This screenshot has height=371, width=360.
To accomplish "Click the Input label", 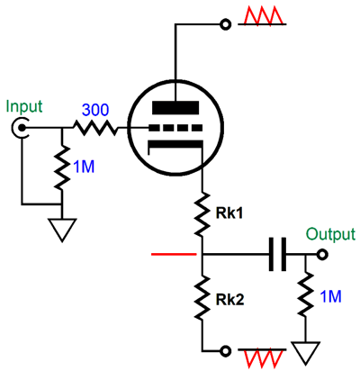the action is [24, 107].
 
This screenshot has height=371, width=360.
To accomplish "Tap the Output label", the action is [330, 234].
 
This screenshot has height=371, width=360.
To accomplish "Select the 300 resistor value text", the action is [95, 110].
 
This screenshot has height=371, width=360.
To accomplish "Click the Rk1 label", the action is [229, 213].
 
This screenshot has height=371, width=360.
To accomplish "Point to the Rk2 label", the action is [229, 299].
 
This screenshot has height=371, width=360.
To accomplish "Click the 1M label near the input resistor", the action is [84, 167].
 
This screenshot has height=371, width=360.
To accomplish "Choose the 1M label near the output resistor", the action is [330, 296].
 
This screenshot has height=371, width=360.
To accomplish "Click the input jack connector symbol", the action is [21, 129].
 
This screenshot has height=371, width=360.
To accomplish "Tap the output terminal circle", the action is [322, 255].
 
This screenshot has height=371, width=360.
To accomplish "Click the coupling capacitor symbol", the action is [277, 255].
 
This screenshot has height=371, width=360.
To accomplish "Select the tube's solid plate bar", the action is [175, 108].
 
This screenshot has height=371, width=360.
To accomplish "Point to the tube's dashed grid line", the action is [175, 128].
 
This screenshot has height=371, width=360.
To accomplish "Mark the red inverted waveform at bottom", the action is [262, 359].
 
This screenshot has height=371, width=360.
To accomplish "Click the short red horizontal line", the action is [174, 255].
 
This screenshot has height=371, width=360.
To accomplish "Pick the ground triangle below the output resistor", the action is [306, 353].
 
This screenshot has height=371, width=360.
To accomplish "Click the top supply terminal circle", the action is [226, 24].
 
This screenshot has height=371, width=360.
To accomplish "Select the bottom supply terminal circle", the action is [226, 350].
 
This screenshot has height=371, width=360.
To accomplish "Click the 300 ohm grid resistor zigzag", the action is [95, 128].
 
